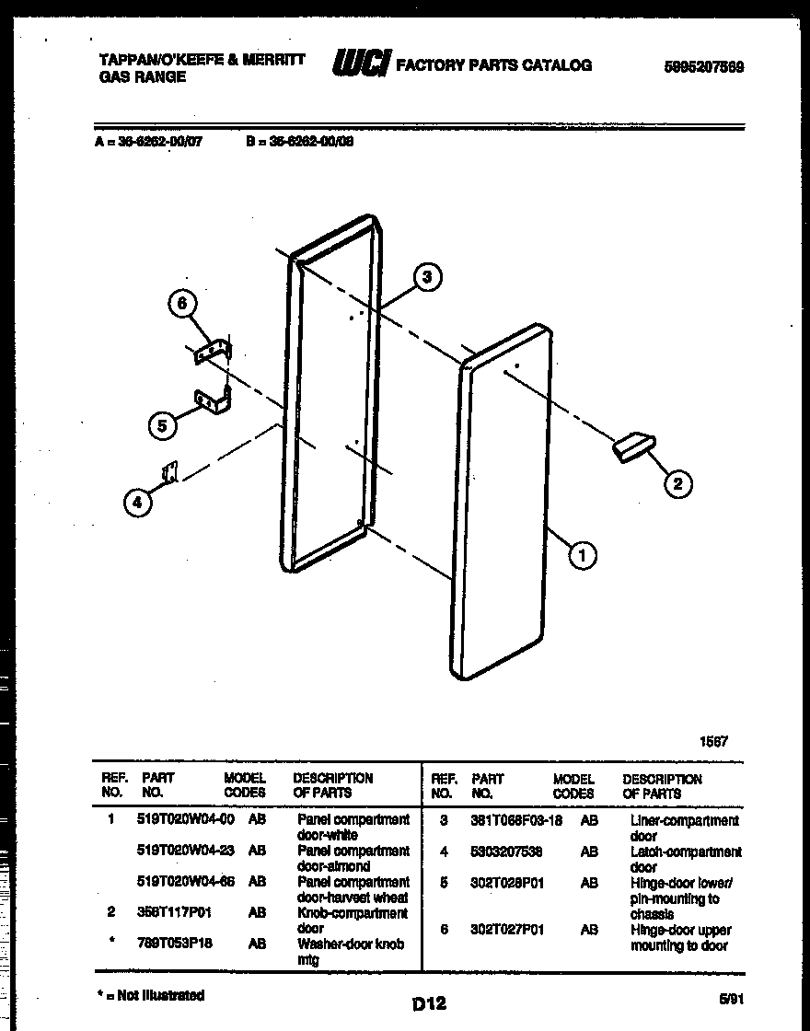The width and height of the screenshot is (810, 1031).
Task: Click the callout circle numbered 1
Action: click(x=582, y=554)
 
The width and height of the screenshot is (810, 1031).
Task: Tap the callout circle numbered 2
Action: click(x=677, y=483)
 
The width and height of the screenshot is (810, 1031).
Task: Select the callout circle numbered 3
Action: click(x=426, y=276)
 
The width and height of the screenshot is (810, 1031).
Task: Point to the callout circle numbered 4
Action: click(x=137, y=502)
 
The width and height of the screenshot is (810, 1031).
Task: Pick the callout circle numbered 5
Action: click(x=162, y=424)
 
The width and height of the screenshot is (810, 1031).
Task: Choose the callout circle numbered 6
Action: click(x=181, y=304)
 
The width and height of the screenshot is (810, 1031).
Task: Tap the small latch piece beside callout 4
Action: click(x=169, y=473)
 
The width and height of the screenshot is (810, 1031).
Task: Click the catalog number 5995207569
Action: click(x=703, y=66)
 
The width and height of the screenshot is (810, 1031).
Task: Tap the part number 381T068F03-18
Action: click(x=516, y=820)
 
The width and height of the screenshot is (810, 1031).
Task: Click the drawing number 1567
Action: click(x=713, y=742)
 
